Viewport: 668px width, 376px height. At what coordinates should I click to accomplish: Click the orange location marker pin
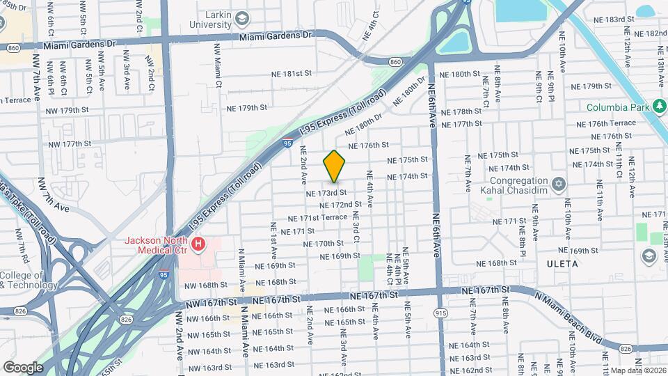[x=334, y=166]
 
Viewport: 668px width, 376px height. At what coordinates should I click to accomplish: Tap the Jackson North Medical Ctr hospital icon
[x=199, y=244]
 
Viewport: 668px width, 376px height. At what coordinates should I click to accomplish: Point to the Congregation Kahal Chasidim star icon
[x=557, y=183]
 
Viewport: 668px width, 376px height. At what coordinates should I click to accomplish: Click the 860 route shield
[x=396, y=62]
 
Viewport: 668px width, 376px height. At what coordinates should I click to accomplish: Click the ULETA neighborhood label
[x=562, y=264]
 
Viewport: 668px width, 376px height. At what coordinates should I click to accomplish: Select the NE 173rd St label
[x=326, y=191]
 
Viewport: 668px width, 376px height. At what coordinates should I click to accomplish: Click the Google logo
[x=23, y=367]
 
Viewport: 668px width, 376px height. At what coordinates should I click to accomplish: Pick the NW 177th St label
[x=70, y=144]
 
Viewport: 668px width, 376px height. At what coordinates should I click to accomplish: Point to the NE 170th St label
[x=324, y=244]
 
